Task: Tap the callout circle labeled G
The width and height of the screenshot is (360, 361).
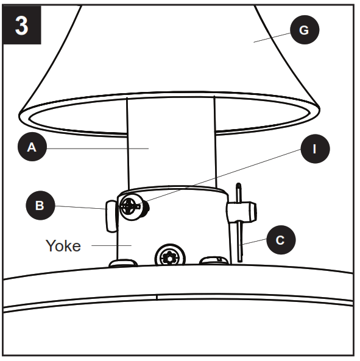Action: (x=304, y=30)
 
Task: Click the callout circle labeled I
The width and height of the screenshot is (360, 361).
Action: (x=314, y=147)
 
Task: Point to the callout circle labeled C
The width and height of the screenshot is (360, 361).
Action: (x=280, y=240)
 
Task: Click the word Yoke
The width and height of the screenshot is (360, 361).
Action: (x=63, y=246)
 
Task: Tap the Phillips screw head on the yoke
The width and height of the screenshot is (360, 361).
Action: (x=129, y=206)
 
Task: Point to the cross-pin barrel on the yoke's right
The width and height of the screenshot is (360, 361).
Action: (x=242, y=212)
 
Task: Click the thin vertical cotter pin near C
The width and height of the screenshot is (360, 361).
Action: (x=241, y=240)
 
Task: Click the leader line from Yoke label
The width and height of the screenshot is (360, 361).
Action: (x=110, y=245)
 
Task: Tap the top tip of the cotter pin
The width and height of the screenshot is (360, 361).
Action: (x=239, y=184)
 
